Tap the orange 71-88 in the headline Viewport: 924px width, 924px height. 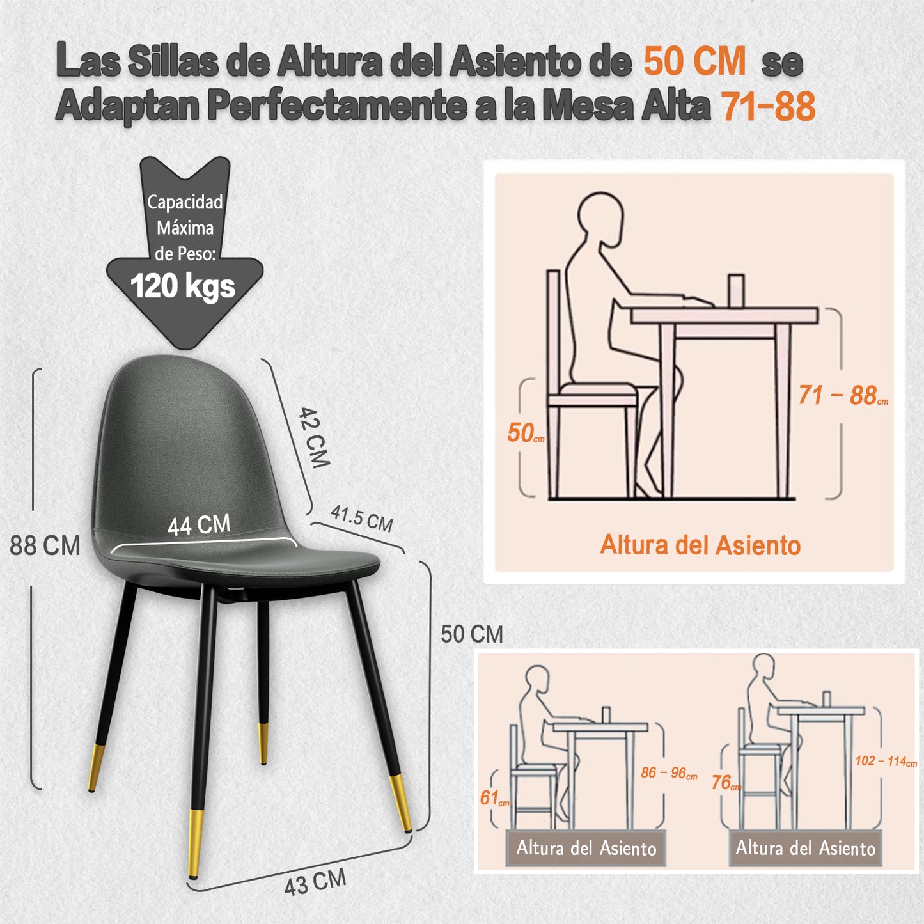769,106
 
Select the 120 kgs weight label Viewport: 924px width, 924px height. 183,286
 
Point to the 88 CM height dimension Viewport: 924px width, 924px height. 45,545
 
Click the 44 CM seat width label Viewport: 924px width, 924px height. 199,524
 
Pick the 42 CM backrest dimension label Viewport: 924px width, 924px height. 314,437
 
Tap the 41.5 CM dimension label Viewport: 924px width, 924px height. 362,519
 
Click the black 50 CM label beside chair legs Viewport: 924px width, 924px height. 472,634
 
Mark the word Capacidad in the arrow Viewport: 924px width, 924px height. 185,202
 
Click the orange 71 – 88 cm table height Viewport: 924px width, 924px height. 843,396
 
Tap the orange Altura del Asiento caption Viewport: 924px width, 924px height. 700,545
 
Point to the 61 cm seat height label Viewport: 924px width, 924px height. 494,798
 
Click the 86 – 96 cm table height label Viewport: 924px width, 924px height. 669,772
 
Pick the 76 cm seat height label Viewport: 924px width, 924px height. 726,783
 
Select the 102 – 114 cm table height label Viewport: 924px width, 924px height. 886,761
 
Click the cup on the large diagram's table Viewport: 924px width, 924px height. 735,290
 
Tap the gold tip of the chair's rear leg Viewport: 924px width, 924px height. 263,743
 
